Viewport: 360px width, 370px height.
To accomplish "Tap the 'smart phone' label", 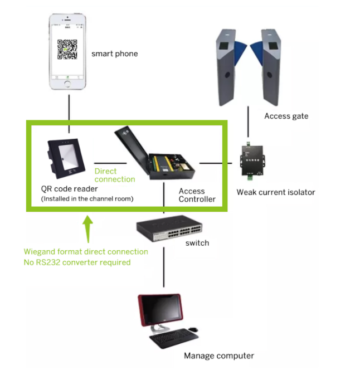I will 114,54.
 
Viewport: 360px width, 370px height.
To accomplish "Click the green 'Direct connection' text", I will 115,175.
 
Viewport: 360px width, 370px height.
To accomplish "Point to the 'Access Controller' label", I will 197,195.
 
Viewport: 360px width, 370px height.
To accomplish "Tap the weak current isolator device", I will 253,161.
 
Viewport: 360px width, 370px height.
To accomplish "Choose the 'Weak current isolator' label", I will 276,192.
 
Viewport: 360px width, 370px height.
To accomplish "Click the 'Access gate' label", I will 286,116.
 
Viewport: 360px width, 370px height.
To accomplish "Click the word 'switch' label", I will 197,242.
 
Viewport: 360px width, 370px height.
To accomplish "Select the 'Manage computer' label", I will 219,356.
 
